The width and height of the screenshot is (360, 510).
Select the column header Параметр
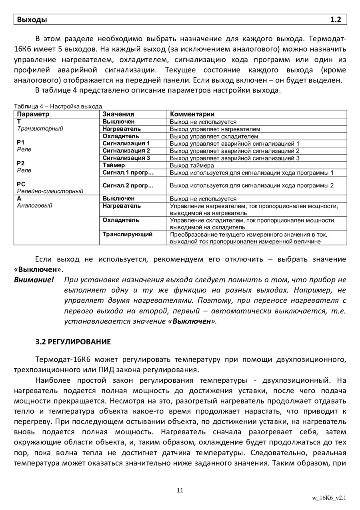tap(33, 114)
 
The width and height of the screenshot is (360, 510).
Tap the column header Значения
tap(118, 114)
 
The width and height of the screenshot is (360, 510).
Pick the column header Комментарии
tap(192, 114)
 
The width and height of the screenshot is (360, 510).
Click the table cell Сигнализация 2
tap(126, 151)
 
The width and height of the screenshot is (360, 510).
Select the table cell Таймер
tap(114, 165)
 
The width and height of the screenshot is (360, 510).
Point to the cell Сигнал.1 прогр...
tap(128, 173)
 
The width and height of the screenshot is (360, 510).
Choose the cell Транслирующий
tap(127, 234)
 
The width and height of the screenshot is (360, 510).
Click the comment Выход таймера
tap(192, 165)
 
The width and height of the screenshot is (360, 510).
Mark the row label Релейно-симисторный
tap(50, 191)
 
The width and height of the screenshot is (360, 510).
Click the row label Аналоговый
tap(34, 205)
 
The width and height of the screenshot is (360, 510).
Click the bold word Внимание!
tap(34, 279)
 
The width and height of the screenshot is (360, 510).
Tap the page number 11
tap(180, 490)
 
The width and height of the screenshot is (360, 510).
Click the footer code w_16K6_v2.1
tap(329, 498)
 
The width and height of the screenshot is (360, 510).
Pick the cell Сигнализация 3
tap(126, 158)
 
